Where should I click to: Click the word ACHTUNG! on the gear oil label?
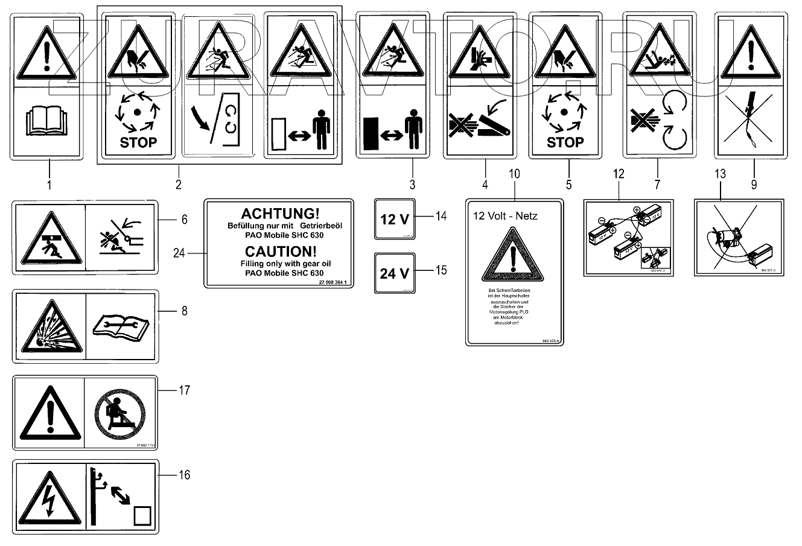point(280,214)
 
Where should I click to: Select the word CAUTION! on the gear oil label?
point(279,252)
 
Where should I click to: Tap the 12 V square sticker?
point(395,219)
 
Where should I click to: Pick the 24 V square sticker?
point(395,273)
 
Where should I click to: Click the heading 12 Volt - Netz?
point(506,215)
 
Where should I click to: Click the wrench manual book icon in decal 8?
point(121,327)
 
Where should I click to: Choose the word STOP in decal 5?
point(565,142)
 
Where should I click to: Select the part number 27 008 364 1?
point(336,283)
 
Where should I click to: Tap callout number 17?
point(184,390)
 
